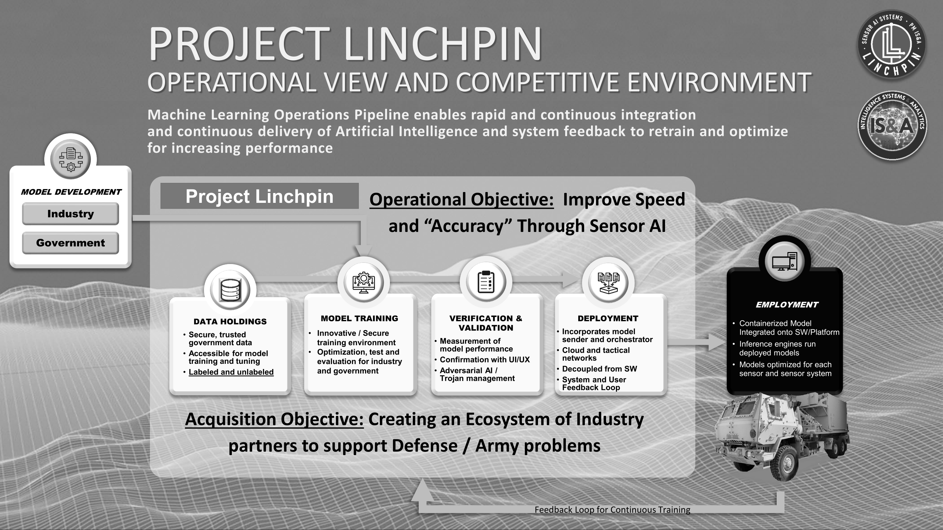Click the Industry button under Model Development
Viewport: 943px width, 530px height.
(x=70, y=214)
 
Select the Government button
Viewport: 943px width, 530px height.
(x=70, y=243)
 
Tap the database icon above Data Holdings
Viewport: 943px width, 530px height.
(x=230, y=290)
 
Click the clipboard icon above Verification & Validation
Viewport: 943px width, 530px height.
(x=486, y=282)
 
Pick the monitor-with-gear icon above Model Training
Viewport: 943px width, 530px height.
(x=363, y=282)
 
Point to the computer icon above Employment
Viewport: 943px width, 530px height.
(x=785, y=261)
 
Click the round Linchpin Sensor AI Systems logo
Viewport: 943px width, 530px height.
(x=892, y=44)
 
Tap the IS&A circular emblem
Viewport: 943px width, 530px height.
(x=892, y=125)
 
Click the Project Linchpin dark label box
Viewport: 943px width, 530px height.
(x=260, y=196)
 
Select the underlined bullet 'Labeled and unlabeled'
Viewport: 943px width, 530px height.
(x=231, y=372)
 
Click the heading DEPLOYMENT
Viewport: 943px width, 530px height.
(x=608, y=318)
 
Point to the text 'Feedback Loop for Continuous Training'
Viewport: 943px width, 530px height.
(x=612, y=509)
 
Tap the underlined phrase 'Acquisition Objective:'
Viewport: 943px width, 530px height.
(x=274, y=419)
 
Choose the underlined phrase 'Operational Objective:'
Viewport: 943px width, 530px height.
(x=462, y=199)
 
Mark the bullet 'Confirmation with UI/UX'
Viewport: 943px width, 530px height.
(x=485, y=360)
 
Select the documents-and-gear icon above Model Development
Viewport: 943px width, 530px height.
(x=71, y=159)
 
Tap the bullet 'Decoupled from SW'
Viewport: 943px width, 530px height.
(x=599, y=369)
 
